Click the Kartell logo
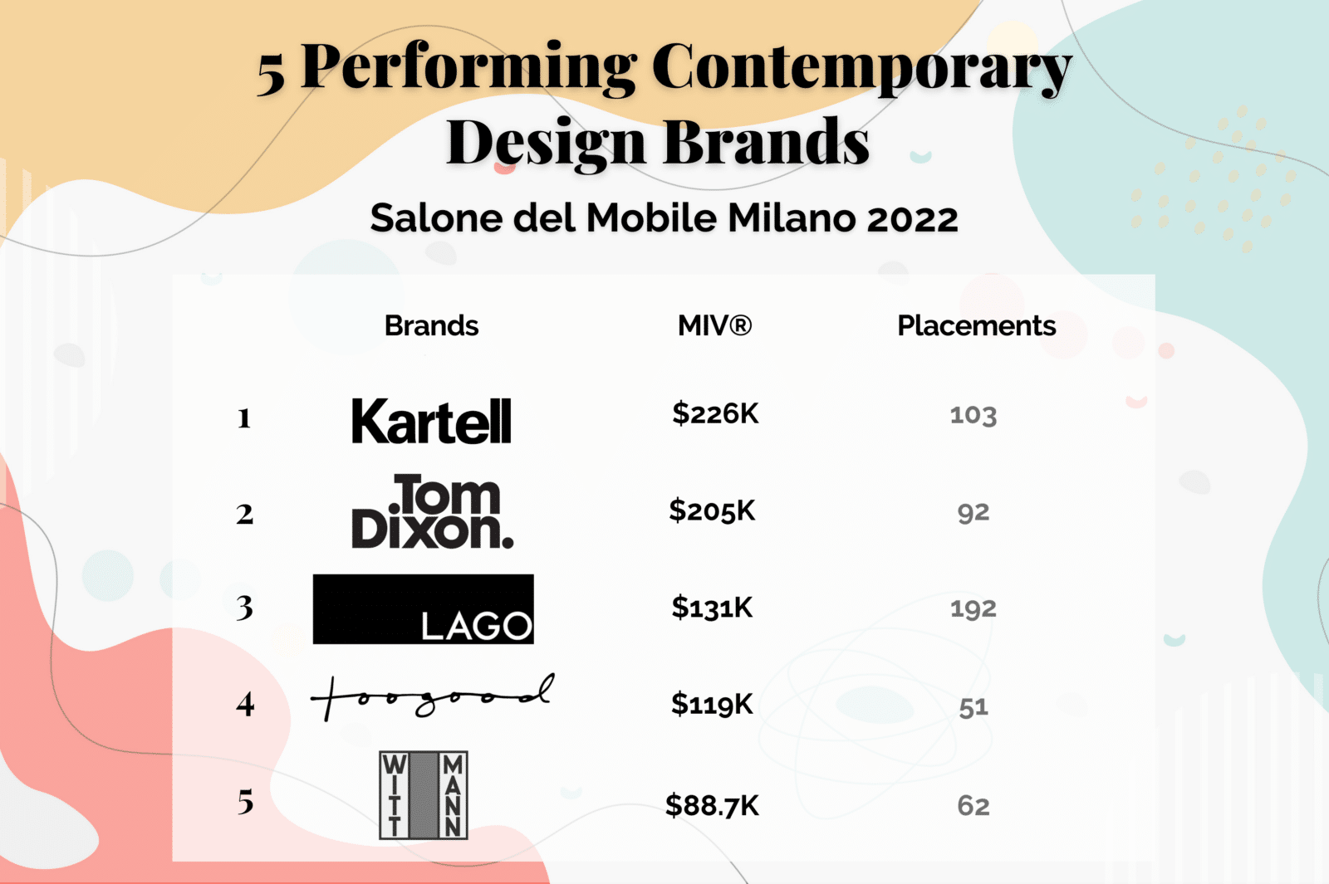pos(431,420)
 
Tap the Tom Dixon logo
pos(433,511)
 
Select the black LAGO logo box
pos(423,609)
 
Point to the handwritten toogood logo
pos(433,697)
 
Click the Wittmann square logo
pos(424,795)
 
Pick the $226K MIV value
pos(715,413)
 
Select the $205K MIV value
pos(712,510)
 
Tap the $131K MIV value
pos(712,607)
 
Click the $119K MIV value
pos(712,705)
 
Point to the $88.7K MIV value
pos(712,805)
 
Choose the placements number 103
pos(973,415)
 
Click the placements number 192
pos(973,609)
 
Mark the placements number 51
pos(973,707)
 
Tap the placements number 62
pos(973,806)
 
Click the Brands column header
pos(431,325)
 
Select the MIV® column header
pos(715,325)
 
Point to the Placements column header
pos(977,325)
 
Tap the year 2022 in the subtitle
pos(912,218)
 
